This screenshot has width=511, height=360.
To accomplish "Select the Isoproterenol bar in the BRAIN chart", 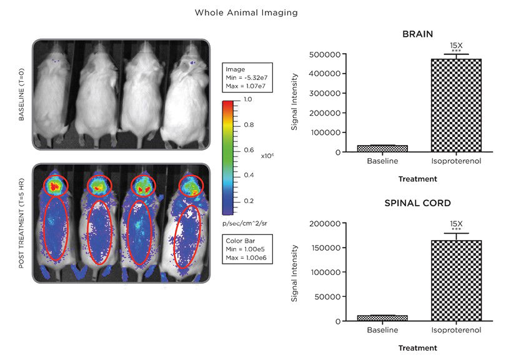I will click(456, 106).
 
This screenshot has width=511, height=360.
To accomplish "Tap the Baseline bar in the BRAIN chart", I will click(382, 148).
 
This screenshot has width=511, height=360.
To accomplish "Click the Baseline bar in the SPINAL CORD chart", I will click(382, 318).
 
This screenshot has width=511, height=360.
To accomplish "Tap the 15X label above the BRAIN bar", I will click(456, 45).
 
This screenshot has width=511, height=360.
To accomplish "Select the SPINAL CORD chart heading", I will click(418, 204).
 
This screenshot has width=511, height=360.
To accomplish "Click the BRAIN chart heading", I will click(418, 35).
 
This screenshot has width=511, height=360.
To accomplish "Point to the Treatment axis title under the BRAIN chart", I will click(418, 179).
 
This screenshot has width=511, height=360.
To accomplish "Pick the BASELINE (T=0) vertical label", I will click(22, 95).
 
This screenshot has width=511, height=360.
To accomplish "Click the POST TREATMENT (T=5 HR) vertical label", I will click(22, 223).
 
